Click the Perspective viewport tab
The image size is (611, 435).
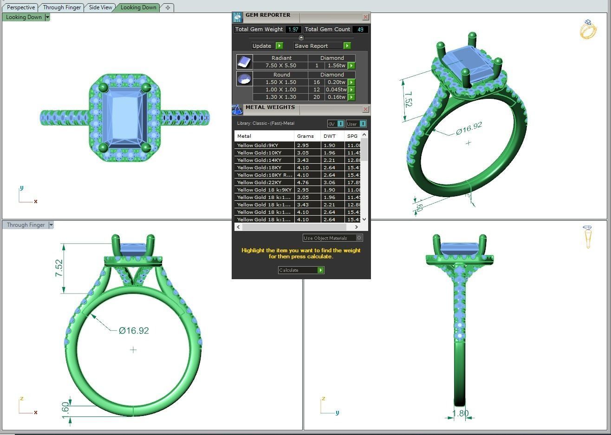(x=21, y=7)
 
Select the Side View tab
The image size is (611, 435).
(x=100, y=7)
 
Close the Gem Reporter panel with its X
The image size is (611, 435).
(x=365, y=17)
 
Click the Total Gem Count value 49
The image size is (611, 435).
(x=360, y=29)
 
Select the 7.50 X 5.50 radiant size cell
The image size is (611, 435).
(x=280, y=65)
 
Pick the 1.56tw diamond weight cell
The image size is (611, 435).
(x=336, y=65)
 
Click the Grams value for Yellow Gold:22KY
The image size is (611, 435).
(x=303, y=182)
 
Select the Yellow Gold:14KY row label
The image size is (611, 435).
(x=259, y=160)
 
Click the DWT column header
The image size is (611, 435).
(x=329, y=136)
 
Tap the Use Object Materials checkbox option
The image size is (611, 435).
(x=358, y=238)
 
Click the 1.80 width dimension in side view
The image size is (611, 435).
(x=460, y=413)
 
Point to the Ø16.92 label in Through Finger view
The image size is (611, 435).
(x=134, y=331)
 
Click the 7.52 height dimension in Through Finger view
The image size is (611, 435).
(x=59, y=268)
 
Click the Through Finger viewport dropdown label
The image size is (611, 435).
(x=26, y=225)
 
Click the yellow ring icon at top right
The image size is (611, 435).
(x=588, y=30)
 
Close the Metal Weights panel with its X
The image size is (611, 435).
(x=365, y=109)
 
